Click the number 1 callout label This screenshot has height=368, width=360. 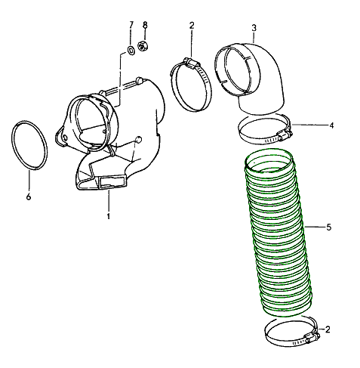108,217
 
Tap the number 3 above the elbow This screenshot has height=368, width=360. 254,28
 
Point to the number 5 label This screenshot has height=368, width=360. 328,226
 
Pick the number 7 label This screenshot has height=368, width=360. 131,25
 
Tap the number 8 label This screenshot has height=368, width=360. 145,25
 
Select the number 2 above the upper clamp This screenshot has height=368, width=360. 192,26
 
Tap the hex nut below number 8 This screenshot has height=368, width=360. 145,51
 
